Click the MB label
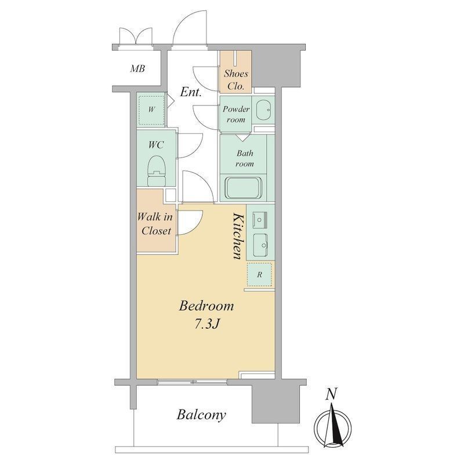137,68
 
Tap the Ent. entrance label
191,92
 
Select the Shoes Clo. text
236,79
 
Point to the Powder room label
236,114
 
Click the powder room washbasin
263,110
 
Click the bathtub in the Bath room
244,188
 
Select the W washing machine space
151,110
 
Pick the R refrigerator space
259,274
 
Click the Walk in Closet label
155,224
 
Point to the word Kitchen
238,236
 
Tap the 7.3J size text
206,325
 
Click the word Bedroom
206,306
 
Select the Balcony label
201,415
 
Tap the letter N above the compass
331,394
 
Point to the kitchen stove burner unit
260,220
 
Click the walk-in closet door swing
190,222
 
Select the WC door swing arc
190,146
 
